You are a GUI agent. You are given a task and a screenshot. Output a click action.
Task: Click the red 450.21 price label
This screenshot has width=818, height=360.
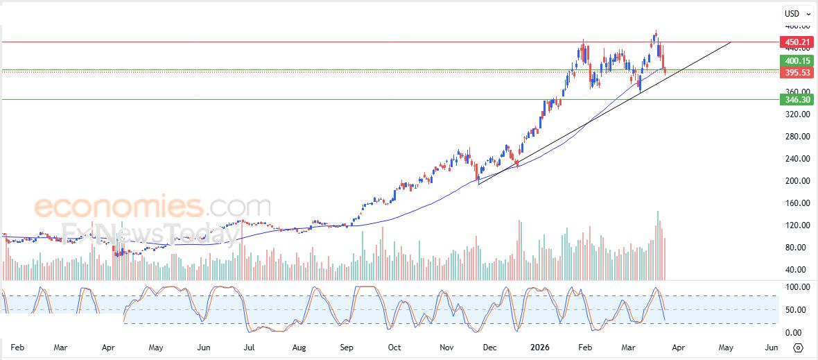point(797,42)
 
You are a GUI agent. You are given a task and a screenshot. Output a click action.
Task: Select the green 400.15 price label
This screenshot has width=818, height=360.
point(797,61)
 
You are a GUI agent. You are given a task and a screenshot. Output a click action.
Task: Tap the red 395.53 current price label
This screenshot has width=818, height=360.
point(797,72)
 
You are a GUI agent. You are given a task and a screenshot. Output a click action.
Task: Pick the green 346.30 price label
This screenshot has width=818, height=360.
point(797,100)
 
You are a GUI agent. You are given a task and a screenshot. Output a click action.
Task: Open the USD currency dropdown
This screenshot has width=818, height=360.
point(797,13)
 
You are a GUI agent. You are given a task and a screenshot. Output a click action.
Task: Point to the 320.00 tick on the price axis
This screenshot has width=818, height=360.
point(795,114)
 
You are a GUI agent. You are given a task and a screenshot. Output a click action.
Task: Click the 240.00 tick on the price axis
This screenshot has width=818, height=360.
point(795,159)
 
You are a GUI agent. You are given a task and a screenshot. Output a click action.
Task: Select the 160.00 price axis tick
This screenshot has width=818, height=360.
point(795,203)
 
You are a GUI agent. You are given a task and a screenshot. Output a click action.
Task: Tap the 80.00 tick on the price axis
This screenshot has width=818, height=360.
point(795,248)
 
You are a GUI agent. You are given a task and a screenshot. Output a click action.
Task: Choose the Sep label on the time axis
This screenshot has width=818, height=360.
point(347,347)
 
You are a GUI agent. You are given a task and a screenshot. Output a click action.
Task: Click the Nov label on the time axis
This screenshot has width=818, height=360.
point(447,347)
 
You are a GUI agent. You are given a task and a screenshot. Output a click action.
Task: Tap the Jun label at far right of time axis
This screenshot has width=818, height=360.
point(771,347)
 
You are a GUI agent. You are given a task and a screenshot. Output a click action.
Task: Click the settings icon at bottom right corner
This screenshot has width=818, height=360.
point(798,348)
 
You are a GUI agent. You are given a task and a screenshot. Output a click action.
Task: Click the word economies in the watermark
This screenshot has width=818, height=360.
point(118,207)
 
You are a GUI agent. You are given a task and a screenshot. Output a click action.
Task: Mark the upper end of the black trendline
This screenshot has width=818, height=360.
point(731,42)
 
